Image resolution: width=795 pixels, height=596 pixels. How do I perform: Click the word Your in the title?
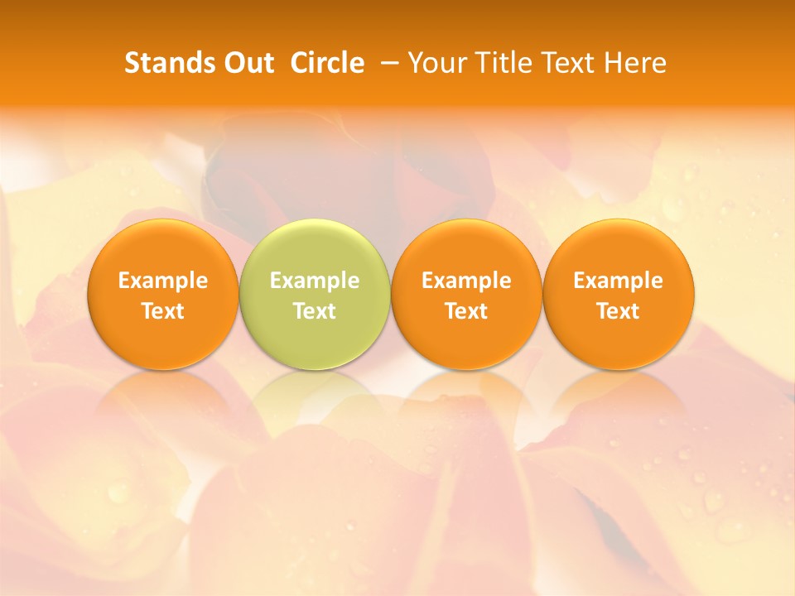[x=434, y=63]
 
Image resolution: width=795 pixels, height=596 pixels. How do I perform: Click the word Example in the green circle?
[x=315, y=281]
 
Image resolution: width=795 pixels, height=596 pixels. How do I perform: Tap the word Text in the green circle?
[x=315, y=311]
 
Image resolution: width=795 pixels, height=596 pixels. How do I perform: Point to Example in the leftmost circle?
[x=163, y=281]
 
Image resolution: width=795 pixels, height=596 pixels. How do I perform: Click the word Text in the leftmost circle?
[x=163, y=311]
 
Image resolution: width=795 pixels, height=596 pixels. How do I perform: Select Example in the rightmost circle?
[x=619, y=281]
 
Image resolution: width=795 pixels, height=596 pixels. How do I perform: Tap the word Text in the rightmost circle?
[x=619, y=311]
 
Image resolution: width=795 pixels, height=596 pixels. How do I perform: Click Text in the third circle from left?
[x=466, y=311]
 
